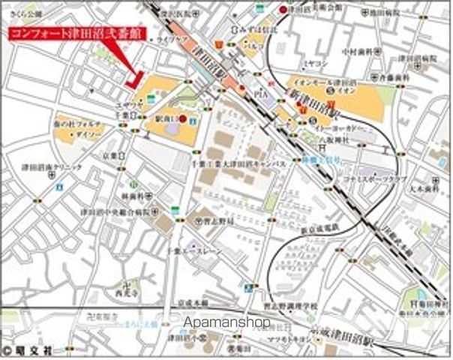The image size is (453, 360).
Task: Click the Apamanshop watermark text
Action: (226, 323)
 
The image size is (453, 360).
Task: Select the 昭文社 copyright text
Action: (27, 349)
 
